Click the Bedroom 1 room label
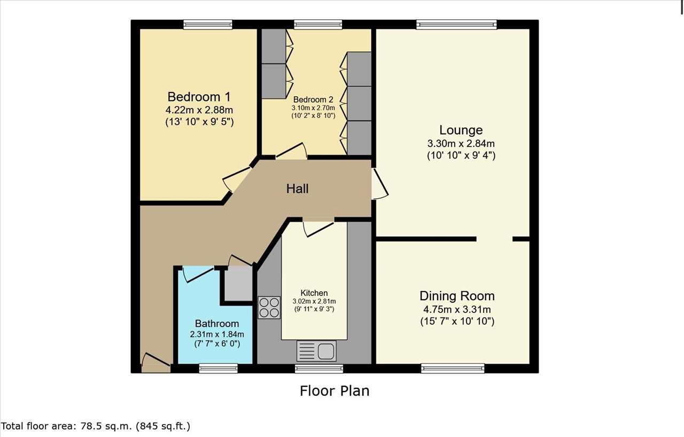coord(199,97)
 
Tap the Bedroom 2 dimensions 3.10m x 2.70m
coord(313,108)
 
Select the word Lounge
coord(461,130)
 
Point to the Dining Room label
coord(457,296)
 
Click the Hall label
coord(297,189)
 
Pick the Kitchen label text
coord(314,293)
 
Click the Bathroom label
coord(217,324)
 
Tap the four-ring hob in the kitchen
coord(269,308)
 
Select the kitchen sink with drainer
coord(316,351)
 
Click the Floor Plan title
coord(335,391)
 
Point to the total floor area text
coord(96,426)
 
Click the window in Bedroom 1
coord(208,25)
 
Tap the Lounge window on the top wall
coord(456,25)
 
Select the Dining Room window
coord(453,368)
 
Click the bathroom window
coord(218,368)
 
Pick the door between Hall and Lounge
coord(379,184)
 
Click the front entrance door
coord(156,363)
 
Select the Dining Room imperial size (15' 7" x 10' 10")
coord(457,322)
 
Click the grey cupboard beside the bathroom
coord(238,284)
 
